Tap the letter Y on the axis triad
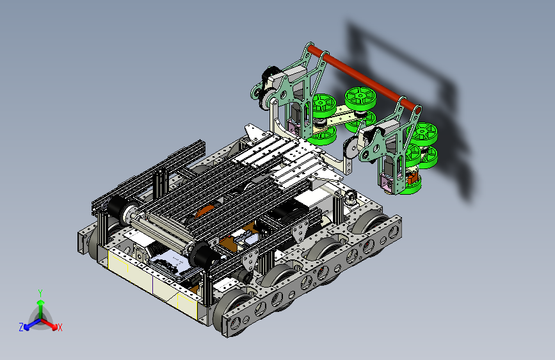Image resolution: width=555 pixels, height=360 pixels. pyautogui.click(x=40, y=293)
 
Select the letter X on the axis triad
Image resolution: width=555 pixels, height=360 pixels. pyautogui.click(x=60, y=327)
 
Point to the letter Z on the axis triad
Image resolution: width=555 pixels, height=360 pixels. pyautogui.click(x=21, y=327)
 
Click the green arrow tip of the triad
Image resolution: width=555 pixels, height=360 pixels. pyautogui.click(x=41, y=303)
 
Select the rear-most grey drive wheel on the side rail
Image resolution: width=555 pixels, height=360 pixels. pyautogui.click(x=372, y=222)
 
